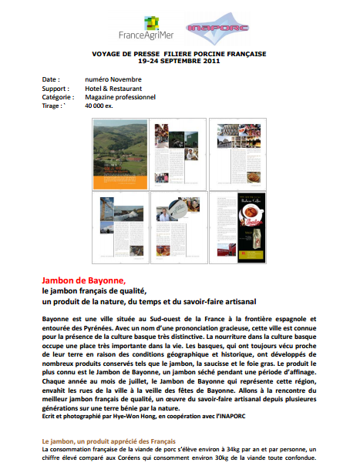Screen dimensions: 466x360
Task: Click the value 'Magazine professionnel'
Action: pos(120,97)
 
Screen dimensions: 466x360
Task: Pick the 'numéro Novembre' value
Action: pos(113,79)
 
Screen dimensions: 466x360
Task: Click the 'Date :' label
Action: pos(50,79)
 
